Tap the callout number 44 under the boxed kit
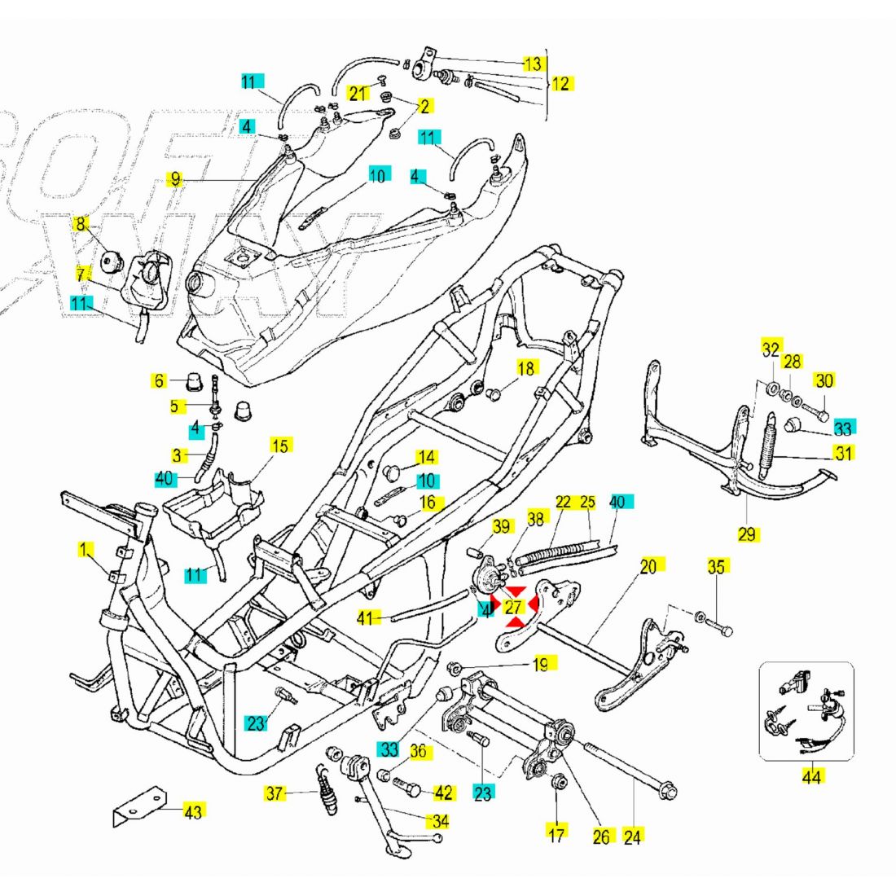coord(811,777)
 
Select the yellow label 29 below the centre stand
coord(748,534)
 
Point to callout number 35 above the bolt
coord(715,567)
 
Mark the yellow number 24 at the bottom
coord(633,836)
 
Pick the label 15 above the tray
coord(280,446)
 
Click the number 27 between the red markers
coord(512,608)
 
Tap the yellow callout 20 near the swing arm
coord(648,566)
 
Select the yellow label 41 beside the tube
coord(365,618)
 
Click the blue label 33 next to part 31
coord(842,428)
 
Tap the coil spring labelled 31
coord(766,448)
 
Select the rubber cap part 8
coord(111,262)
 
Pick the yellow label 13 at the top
coord(532,63)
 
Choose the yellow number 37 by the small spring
coord(276,792)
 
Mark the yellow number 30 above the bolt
coord(824,380)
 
